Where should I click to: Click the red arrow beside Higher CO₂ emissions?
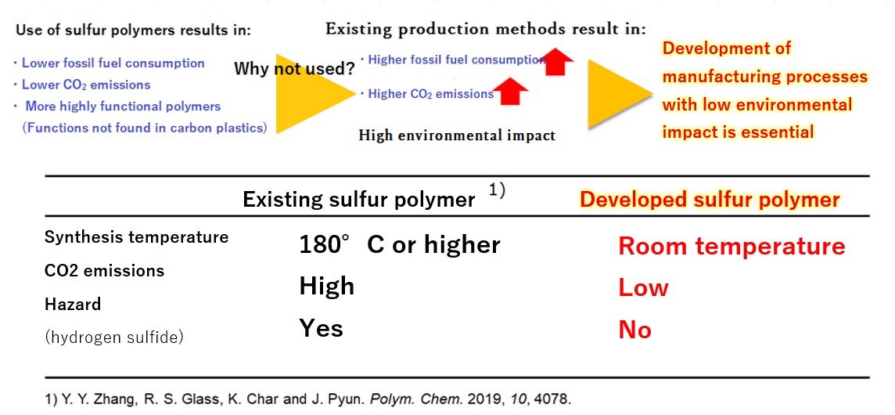512,92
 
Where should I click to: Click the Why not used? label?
294,69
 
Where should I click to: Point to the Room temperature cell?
731,246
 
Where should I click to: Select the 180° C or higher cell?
399,244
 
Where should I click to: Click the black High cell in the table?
326,286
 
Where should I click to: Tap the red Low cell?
643,287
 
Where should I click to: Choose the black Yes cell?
321,327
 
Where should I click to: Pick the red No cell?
634,330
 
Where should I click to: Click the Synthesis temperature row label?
136,236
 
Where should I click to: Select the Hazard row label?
73,304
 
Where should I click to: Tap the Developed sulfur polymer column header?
710,199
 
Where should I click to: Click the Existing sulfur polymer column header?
358,200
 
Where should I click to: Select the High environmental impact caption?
457,135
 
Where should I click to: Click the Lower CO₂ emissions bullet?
85,85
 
